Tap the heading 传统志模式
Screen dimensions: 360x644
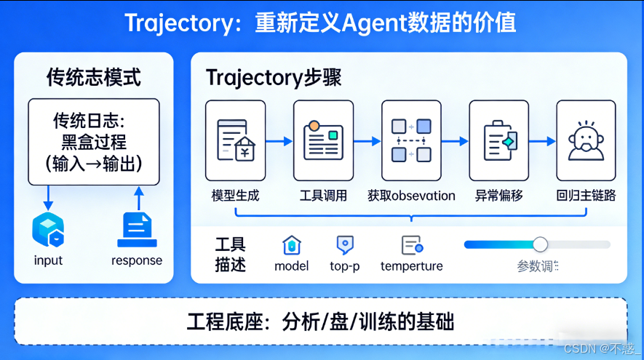tap(93, 76)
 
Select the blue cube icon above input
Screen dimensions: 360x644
tap(48, 229)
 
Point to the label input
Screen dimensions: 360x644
tap(48, 260)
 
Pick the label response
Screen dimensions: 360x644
tap(137, 260)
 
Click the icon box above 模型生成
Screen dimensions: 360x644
tap(235, 140)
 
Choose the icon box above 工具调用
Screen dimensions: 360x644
tap(323, 140)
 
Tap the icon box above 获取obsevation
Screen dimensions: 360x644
tap(411, 140)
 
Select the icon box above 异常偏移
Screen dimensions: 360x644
tap(498, 140)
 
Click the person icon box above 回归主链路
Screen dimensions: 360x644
tap(586, 140)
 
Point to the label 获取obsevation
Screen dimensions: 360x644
tap(411, 196)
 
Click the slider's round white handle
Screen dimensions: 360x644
tap(540, 244)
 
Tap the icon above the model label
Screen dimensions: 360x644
tap(291, 245)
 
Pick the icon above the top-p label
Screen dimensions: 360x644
tap(344, 245)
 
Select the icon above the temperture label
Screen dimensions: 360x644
tap(412, 245)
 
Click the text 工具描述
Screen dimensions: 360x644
tap(230, 255)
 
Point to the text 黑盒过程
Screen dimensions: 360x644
tap(93, 141)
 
